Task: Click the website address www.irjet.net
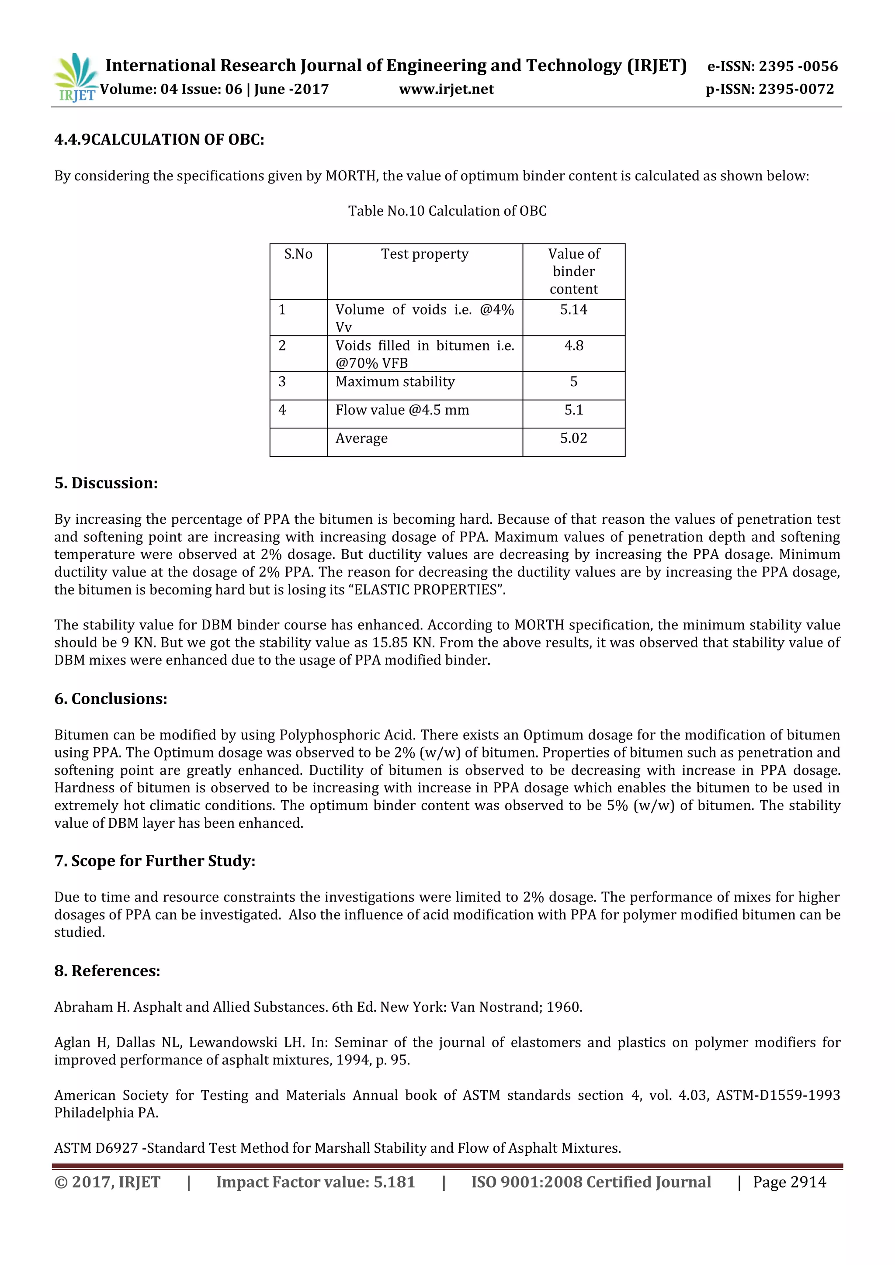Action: click(446, 89)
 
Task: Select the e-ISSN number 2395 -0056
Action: click(798, 67)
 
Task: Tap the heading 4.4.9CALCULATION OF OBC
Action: click(159, 139)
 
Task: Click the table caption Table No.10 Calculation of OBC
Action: click(447, 211)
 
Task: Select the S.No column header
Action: click(298, 254)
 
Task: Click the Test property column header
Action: click(424, 254)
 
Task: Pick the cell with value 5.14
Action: click(573, 310)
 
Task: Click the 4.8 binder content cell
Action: click(573, 346)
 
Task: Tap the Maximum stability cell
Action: click(395, 382)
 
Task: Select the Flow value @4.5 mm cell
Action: click(402, 410)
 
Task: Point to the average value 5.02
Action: click(573, 439)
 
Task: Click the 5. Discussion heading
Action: click(106, 483)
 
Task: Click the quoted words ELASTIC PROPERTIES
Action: click(426, 590)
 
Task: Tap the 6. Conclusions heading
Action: click(111, 698)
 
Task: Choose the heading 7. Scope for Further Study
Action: click(155, 861)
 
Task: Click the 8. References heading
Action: click(108, 971)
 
